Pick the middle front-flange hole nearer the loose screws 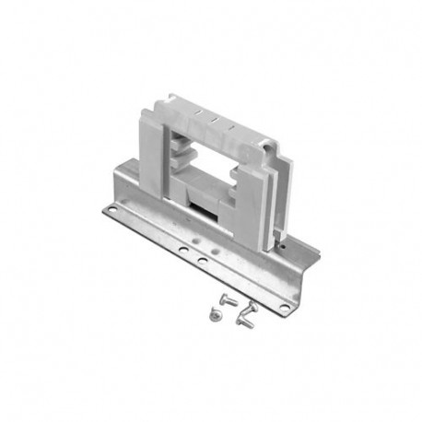(202, 261)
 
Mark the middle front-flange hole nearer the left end (183, 250)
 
